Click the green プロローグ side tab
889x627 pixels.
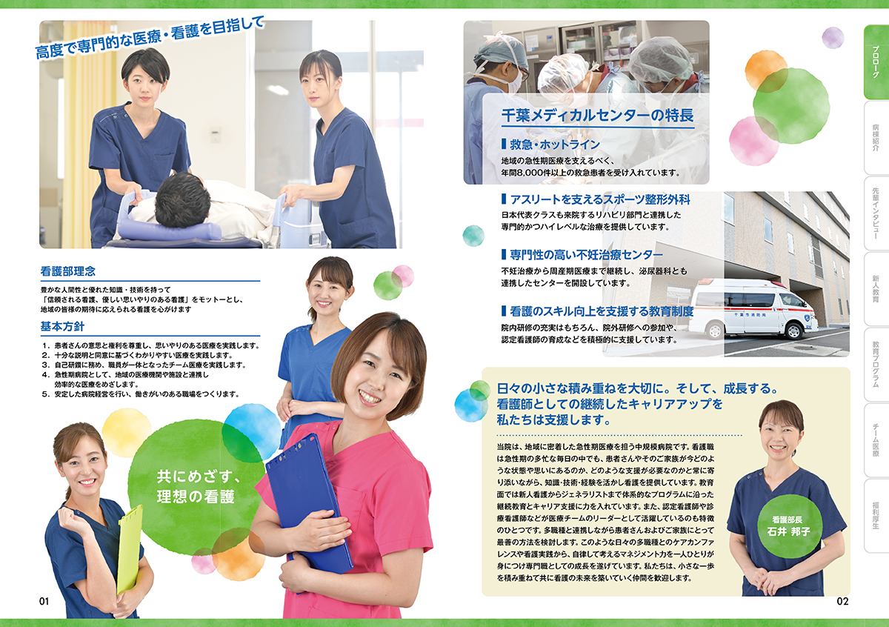point(876,62)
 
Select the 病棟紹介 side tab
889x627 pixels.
point(876,138)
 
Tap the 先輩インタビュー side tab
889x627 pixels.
point(876,213)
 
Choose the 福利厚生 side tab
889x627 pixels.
point(876,516)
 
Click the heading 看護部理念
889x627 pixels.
point(68,271)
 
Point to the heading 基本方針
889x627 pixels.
point(62,327)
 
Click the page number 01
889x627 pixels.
point(44,602)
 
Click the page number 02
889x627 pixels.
point(842,602)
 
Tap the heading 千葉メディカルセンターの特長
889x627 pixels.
point(597,116)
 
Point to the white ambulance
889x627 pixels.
point(753,308)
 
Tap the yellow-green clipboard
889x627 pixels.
point(130,550)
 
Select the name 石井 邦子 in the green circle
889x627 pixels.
point(788,531)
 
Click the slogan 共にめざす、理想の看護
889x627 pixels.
point(197,486)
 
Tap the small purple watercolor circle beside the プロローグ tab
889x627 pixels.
point(833,38)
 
